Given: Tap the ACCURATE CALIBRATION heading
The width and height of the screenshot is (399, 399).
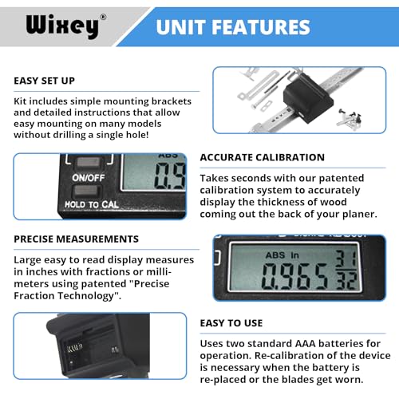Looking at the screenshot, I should pos(262,157).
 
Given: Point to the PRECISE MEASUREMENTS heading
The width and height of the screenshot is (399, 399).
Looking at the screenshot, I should pos(76,239).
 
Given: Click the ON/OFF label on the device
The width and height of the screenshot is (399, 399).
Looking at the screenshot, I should pos(86,178).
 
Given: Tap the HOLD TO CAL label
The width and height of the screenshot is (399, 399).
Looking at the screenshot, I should pos(94,206).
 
